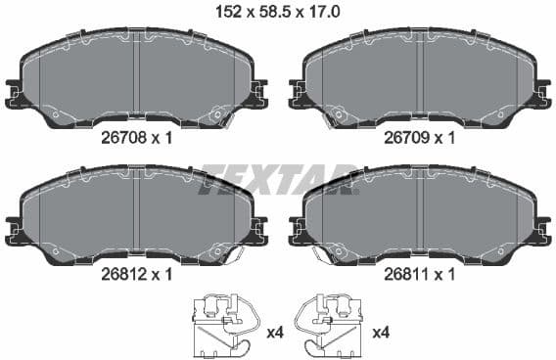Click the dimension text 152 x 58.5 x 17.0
point(278,12)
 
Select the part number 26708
point(125,139)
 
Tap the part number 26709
point(409,139)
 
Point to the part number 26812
point(125,275)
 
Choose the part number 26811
point(409,275)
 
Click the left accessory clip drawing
point(222,324)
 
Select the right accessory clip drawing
point(334,324)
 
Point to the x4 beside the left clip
point(275,334)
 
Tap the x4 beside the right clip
point(381,334)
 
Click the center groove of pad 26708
point(137,78)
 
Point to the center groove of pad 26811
point(421,215)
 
